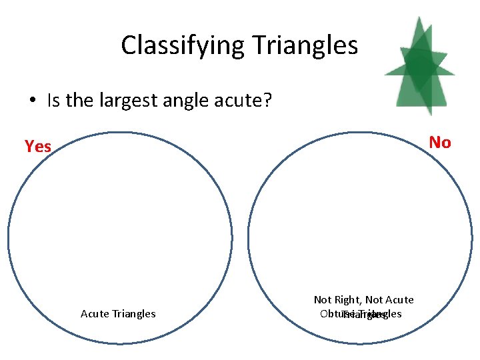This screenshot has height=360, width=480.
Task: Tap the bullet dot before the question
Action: pyautogui.click(x=32, y=101)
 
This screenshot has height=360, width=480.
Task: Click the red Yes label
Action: pyautogui.click(x=38, y=146)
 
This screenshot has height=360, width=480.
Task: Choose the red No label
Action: pyautogui.click(x=440, y=142)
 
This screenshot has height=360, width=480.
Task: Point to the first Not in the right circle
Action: pyautogui.click(x=323, y=300)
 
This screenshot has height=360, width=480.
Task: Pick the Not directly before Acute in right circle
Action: pyautogui.click(x=375, y=300)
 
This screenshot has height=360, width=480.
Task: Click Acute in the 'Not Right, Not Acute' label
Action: pyautogui.click(x=399, y=300)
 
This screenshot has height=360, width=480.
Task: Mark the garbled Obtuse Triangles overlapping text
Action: pyautogui.click(x=361, y=314)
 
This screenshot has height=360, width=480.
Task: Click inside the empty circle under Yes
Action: pyautogui.click(x=120, y=227)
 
